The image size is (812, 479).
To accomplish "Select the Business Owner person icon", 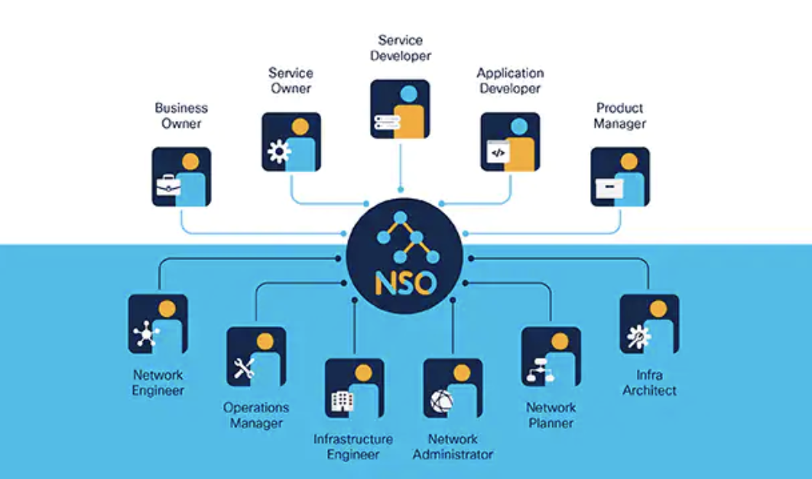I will coord(181,177).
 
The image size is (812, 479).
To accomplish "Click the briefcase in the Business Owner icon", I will coord(167,185).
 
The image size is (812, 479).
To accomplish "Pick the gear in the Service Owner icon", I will coord(278,152).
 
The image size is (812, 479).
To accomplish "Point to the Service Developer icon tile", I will coord(400,109).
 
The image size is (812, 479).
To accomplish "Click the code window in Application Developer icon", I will coord(497,152).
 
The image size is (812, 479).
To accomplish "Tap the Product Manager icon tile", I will coord(620,177).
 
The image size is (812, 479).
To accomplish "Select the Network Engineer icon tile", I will coord(158,324).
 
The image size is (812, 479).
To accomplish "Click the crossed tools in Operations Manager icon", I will coord(244,369).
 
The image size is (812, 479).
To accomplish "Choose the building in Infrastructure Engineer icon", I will coord(340,399).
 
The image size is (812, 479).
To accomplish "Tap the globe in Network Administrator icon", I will coord(441,401).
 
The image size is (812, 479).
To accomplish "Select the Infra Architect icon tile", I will coord(649,324).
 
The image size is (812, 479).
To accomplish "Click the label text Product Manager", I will coord(620,116).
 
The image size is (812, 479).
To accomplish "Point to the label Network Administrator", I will coord(453,447).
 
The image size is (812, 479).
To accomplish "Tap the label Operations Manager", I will coord(256,415).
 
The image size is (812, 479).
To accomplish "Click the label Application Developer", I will coord(510,81).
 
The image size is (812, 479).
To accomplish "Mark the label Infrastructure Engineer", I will coord(353,447).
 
